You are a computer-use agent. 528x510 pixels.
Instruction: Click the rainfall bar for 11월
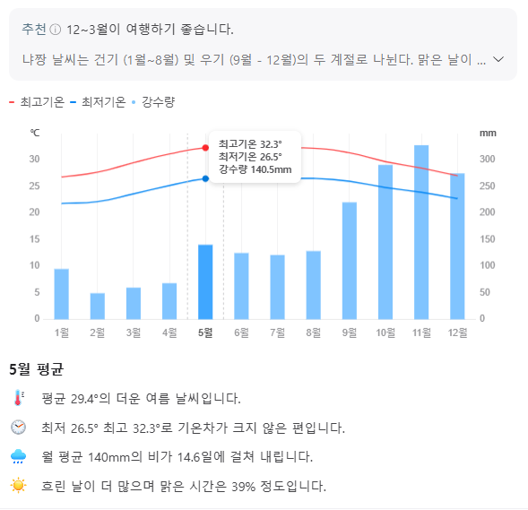[x=420, y=232]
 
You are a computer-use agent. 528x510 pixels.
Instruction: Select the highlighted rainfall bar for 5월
[x=205, y=281]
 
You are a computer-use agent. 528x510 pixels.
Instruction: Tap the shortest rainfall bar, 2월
[x=97, y=306]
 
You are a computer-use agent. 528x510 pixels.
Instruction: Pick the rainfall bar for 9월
[x=349, y=260]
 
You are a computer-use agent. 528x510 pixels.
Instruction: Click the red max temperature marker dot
[x=205, y=147]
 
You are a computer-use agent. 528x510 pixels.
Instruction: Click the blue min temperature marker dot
[x=205, y=178]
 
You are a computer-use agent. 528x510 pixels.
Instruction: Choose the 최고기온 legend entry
[x=37, y=102]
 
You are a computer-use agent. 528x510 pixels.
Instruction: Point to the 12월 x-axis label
[x=456, y=333]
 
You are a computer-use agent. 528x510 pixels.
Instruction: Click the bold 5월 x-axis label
[x=205, y=333]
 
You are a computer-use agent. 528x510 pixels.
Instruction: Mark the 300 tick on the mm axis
[x=487, y=159]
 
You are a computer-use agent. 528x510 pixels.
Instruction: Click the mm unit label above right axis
[x=487, y=133]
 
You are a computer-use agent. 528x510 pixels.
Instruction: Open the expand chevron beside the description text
[x=499, y=60]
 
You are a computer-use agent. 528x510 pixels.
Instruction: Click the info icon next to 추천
[x=56, y=29]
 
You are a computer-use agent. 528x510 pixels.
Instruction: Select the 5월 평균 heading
[x=36, y=369]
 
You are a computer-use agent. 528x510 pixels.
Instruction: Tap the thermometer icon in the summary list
[x=19, y=398]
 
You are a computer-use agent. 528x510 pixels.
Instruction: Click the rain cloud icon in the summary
[x=19, y=456]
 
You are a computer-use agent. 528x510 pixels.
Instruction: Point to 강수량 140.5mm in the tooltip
[x=255, y=169]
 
